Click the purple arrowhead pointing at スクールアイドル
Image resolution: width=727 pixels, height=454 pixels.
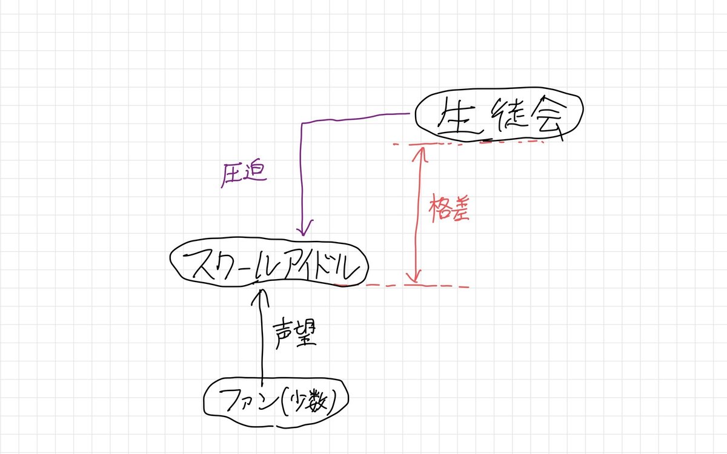[x=303, y=230]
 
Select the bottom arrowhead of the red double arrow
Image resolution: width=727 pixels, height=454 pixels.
[x=414, y=278]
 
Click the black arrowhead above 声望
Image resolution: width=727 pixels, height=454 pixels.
[x=262, y=295]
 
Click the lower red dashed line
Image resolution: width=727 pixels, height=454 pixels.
[x=406, y=285]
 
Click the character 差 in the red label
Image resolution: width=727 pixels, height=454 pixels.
[x=459, y=209]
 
